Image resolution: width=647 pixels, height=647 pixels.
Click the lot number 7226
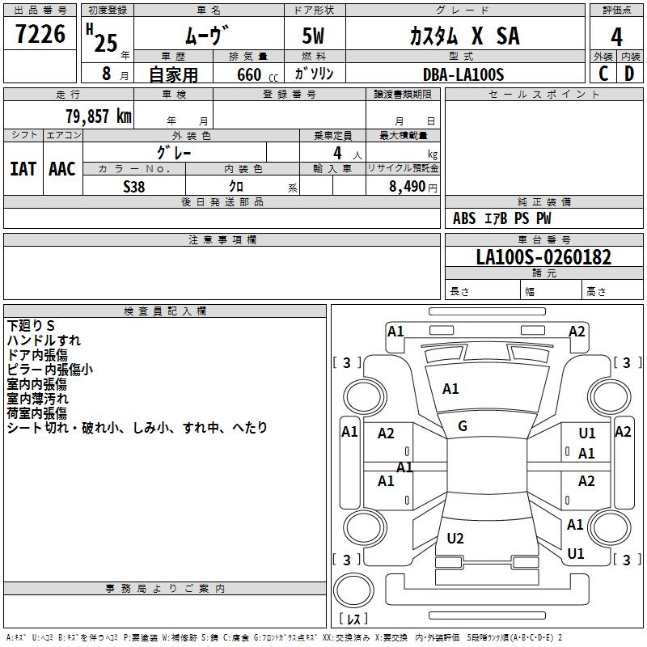(x=40, y=34)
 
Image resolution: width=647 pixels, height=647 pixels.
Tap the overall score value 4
(x=616, y=37)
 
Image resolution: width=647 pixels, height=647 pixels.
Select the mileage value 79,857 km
(x=99, y=116)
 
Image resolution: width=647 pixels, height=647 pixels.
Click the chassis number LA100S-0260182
(x=543, y=257)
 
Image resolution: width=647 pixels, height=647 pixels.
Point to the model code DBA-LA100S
(x=463, y=74)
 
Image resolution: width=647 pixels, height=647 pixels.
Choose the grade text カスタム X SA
(x=464, y=36)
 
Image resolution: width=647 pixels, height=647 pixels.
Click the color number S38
(x=134, y=187)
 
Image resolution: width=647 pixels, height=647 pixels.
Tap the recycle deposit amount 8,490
(x=407, y=187)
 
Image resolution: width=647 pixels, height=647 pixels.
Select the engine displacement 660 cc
(x=257, y=75)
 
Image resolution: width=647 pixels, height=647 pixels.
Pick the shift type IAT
(x=23, y=169)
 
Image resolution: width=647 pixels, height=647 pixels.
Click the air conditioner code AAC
(x=62, y=169)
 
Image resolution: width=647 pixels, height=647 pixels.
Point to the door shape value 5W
(x=313, y=36)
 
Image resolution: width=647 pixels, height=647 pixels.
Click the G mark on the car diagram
(x=463, y=426)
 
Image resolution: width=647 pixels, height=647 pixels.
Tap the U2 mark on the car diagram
(x=455, y=538)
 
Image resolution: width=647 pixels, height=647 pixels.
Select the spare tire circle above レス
(x=353, y=590)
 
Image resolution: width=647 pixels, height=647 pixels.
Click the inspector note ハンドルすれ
(x=44, y=340)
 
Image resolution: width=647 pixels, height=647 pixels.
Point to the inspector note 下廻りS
(x=31, y=326)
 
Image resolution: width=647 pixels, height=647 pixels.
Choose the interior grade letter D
(x=629, y=74)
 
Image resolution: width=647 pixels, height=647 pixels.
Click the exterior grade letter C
(x=603, y=74)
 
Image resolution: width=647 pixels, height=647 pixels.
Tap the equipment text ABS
(x=464, y=218)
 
